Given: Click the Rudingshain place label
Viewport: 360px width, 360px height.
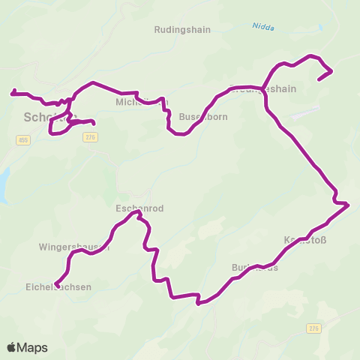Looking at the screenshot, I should [182, 30].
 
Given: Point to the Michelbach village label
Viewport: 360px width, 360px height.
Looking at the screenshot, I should [142, 102].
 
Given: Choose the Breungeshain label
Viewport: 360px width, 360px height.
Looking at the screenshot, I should [262, 88].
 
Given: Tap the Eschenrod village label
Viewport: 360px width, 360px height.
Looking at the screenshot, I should [139, 208].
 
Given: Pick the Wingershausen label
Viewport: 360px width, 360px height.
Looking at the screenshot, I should [74, 246].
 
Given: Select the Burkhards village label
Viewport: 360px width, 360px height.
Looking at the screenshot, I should [255, 267].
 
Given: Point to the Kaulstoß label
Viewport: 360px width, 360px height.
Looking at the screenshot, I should [304, 240].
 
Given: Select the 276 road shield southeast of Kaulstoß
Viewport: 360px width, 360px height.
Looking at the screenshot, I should [313, 328].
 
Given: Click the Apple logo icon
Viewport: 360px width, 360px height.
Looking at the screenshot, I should [12, 347].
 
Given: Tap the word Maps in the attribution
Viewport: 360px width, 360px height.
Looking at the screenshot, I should [32, 347].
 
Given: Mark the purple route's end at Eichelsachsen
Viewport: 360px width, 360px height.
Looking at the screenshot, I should [56, 285].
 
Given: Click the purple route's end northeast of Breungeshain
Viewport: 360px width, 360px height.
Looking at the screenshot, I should [319, 78].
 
